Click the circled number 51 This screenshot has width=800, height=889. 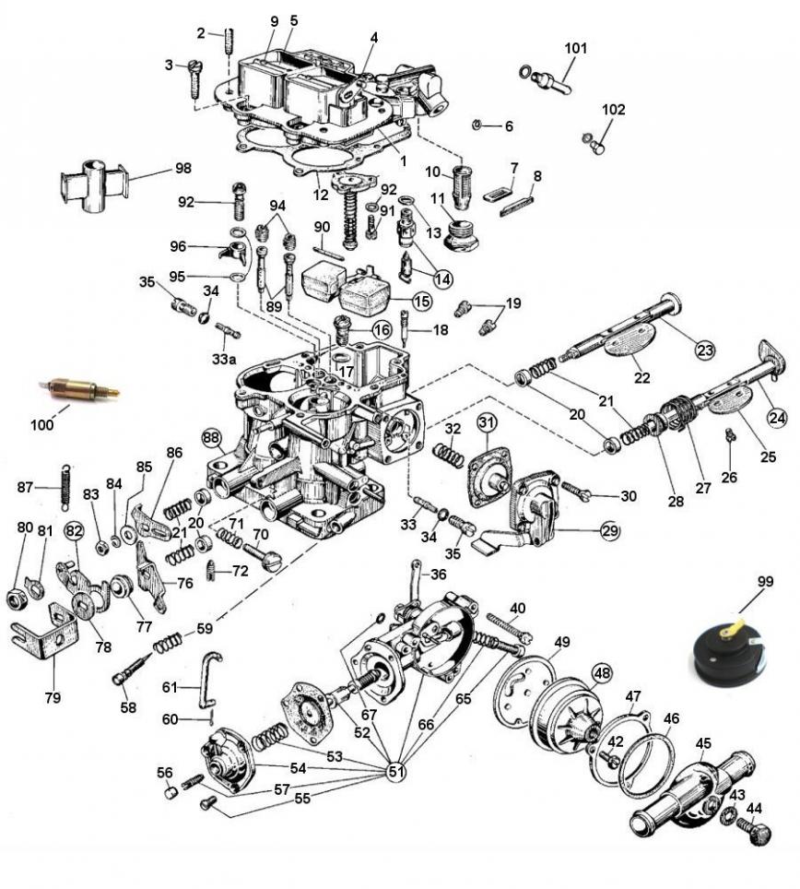pos(396,771)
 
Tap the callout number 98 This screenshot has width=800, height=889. pos(183,169)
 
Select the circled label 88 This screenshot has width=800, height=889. pos(211,438)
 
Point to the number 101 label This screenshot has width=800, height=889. pos(576,48)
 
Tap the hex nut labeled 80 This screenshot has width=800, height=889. pos(18,599)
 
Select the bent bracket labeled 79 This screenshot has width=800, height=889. pos(44,632)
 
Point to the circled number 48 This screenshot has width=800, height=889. pos(602,673)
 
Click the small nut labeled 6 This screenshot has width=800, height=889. pos(477,124)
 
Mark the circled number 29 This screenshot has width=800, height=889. pos(609,531)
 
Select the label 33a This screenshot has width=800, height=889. pos(224,360)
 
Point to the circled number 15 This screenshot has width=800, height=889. pos(422,301)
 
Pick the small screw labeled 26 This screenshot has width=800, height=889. pos(731,435)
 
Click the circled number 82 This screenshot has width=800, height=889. pos(75,531)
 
